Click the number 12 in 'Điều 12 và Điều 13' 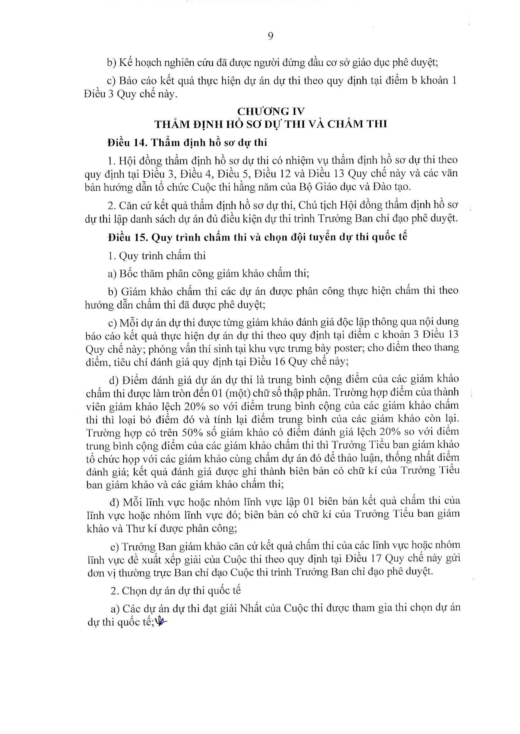pyautogui.click(x=284, y=173)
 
